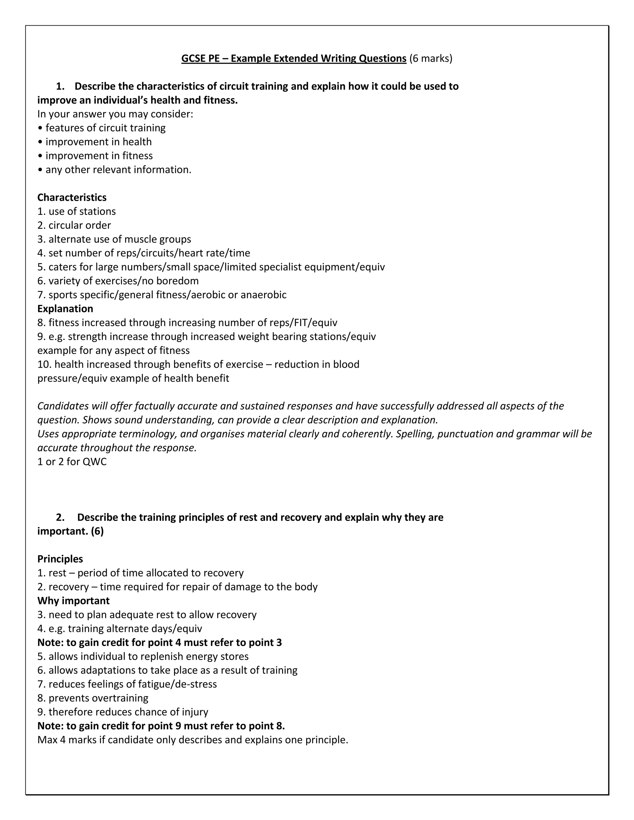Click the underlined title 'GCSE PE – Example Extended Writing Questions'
coord(294,58)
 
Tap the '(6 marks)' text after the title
coord(431,58)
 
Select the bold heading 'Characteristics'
coord(72,197)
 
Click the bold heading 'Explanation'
coord(65,309)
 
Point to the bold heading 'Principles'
coord(60,559)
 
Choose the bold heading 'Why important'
coord(73,601)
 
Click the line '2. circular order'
coord(74,225)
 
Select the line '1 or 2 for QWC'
coord(72,462)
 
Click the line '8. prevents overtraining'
coord(93,698)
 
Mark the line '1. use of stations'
coord(77,211)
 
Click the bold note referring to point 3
coord(160,642)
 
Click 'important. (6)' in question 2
coord(70,531)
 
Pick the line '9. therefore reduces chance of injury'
coord(123,712)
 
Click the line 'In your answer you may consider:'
coord(115,114)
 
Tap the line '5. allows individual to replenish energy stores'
coord(143,656)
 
